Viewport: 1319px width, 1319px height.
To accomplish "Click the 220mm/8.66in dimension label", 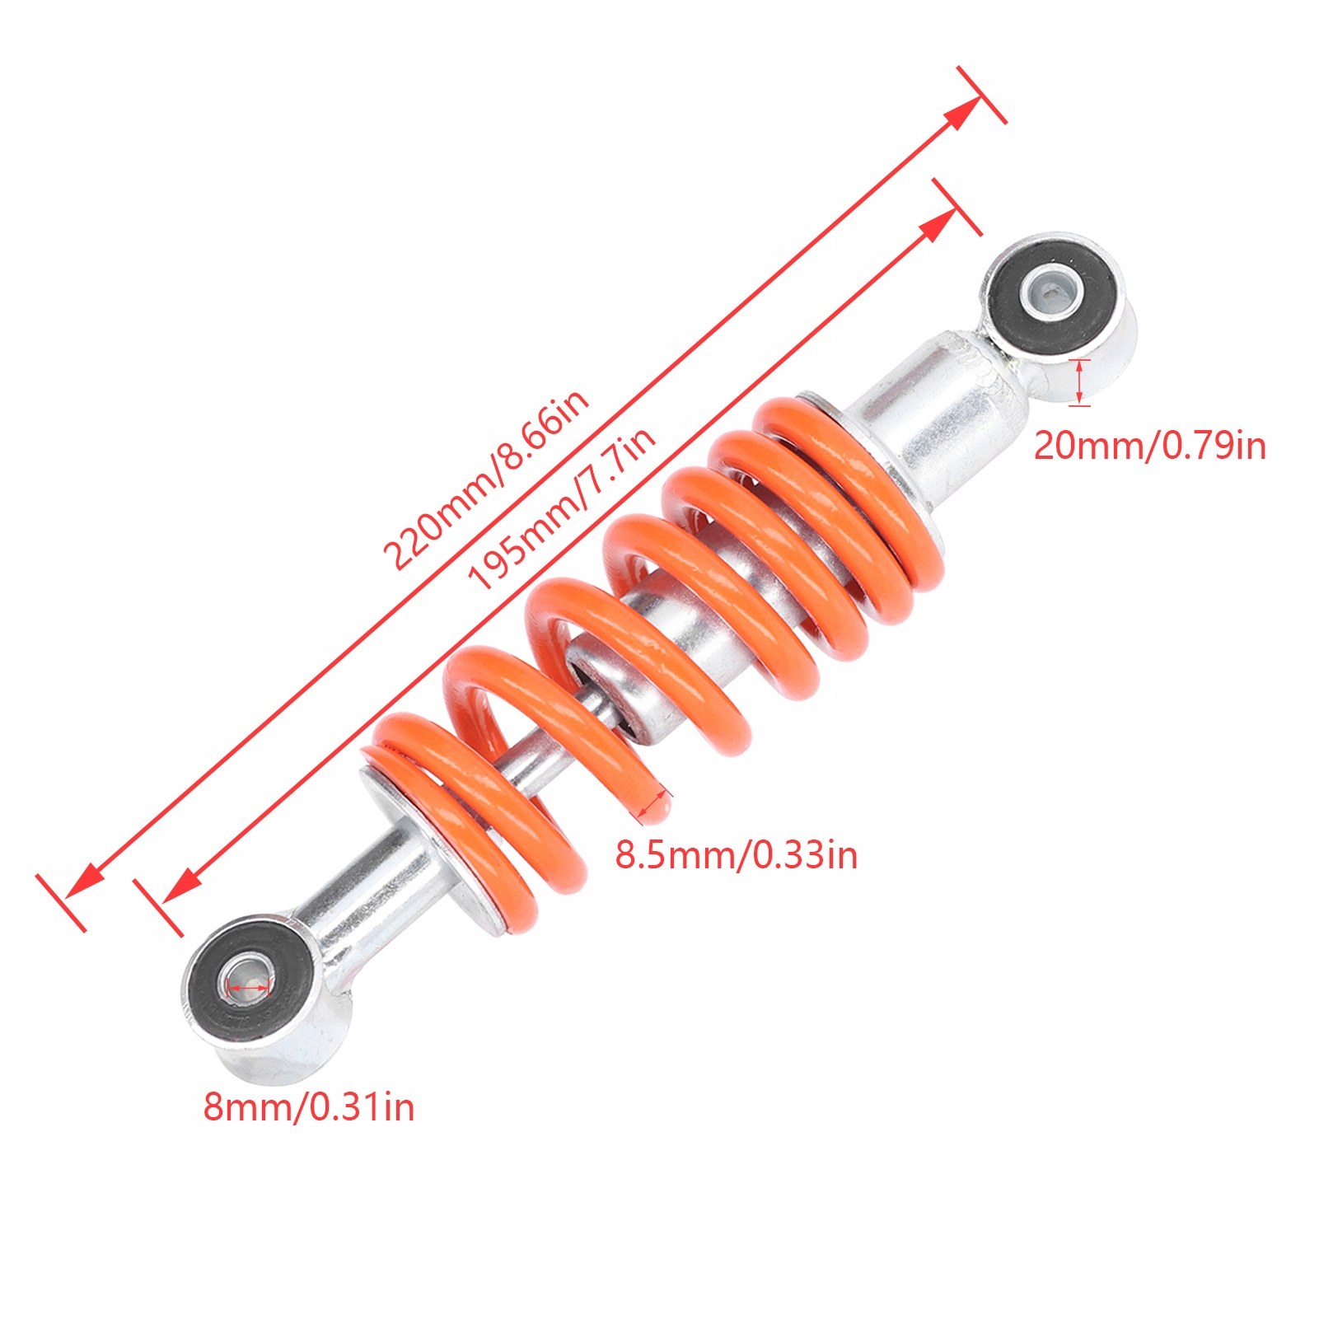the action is pos(486,479).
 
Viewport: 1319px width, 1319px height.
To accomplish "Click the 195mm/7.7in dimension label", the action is pos(562,508).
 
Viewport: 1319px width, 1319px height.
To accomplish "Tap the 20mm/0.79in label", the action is pos(1149,447).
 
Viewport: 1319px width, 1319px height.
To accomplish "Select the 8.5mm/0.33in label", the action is pos(737,855).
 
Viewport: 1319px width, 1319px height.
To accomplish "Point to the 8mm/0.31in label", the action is pos(309,1106).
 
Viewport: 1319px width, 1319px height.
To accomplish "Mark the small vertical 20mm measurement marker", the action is pos(1080,382).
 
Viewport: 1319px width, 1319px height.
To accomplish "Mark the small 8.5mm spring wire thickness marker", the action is pos(654,805).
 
